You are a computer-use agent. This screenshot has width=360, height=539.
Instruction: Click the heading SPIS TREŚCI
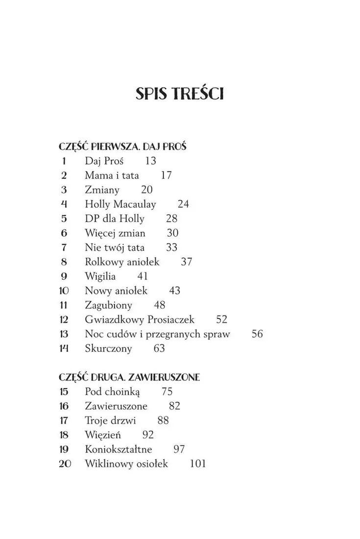[180, 94]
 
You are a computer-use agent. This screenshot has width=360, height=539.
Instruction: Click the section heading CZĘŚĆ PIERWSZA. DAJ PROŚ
[124, 147]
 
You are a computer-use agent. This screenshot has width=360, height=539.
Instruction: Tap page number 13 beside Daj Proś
[150, 161]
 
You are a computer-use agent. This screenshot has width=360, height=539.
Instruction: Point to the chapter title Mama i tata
[112, 175]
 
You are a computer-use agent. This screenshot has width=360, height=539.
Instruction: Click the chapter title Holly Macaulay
[120, 204]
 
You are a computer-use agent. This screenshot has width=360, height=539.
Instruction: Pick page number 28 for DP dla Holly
[171, 219]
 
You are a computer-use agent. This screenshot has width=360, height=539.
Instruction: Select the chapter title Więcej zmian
[115, 233]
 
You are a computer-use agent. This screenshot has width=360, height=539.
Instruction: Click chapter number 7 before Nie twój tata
[64, 247]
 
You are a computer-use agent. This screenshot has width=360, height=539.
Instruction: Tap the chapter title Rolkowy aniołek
[122, 262]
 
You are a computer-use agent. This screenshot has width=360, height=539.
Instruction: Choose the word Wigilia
[100, 276]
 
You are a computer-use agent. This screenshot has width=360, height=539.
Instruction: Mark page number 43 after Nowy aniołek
[174, 291]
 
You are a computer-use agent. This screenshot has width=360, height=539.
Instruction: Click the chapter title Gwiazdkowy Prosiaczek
[140, 319]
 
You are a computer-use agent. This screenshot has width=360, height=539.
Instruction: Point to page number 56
[257, 334]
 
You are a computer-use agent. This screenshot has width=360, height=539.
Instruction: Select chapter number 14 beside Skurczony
[64, 348]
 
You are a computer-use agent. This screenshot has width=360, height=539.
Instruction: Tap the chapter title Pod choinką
[112, 392]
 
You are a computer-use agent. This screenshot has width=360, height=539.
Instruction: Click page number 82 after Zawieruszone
[174, 406]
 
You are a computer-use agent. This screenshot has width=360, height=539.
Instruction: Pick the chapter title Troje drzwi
[110, 420]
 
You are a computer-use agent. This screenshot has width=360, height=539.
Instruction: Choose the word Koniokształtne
[119, 449]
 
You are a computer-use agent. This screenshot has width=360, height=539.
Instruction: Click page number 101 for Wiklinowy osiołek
[197, 464]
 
